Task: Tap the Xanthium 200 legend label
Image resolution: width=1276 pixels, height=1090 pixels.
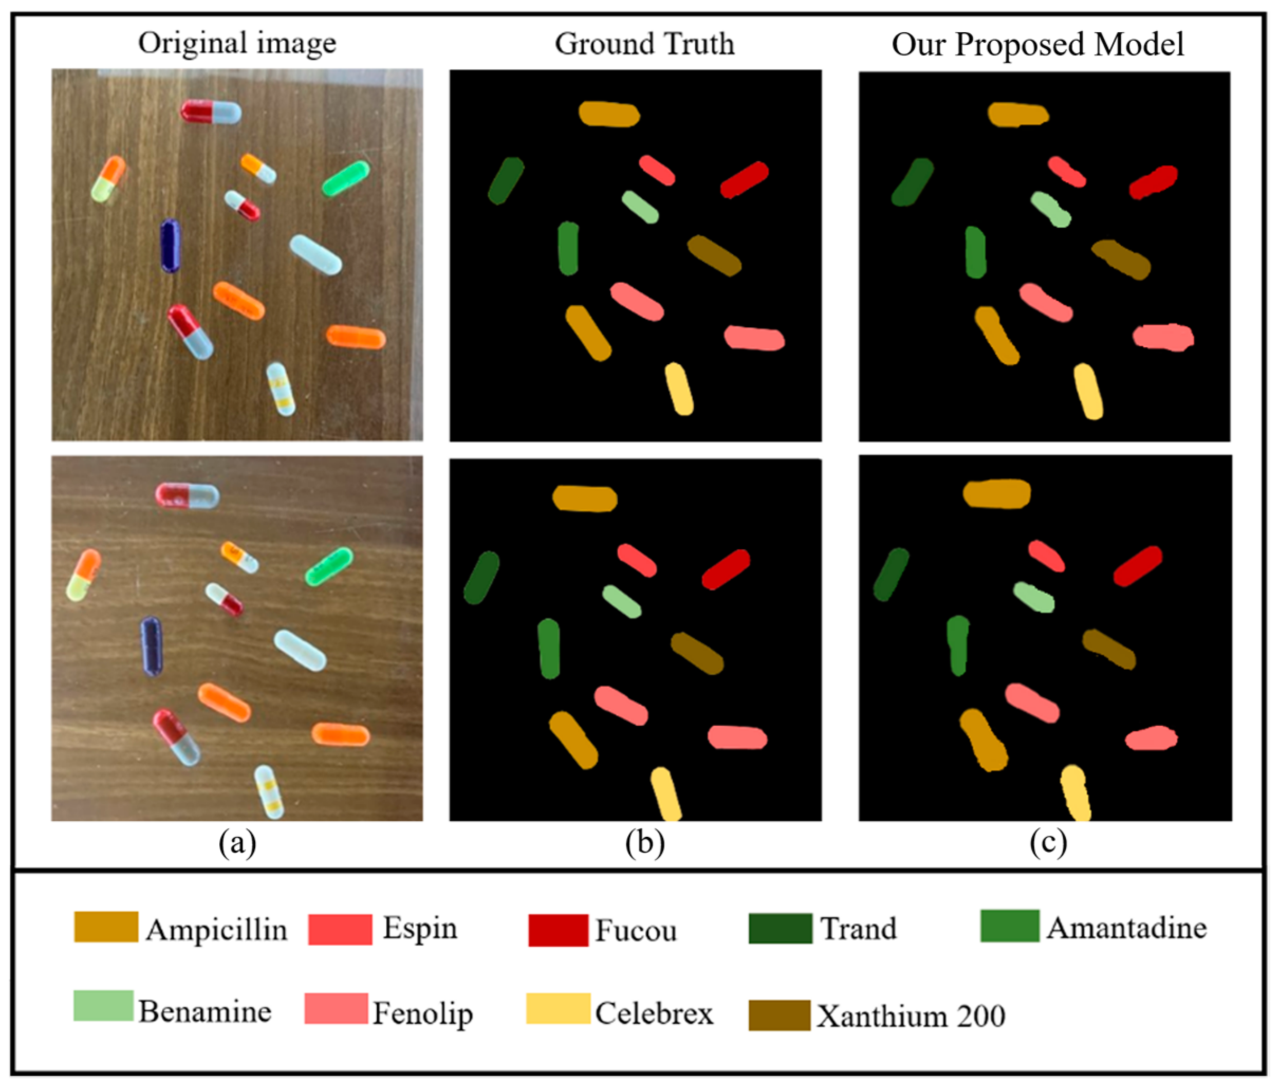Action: coord(911,1016)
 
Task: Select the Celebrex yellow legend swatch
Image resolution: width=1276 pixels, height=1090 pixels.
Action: coord(558,1008)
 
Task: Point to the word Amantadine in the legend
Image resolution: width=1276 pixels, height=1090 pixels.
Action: coord(1126,928)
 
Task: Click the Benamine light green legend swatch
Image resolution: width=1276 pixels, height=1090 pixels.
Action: coord(104,1005)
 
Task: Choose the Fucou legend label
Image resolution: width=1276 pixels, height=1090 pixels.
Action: coord(636,930)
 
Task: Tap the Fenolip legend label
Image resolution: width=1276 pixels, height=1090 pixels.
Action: coord(423,1013)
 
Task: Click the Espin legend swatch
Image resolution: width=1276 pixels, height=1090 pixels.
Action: coord(340,929)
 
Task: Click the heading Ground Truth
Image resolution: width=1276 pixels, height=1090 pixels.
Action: coord(644,44)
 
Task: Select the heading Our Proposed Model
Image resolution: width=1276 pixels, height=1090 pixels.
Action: coord(1038,44)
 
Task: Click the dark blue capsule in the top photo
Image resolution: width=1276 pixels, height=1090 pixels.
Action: coord(171,245)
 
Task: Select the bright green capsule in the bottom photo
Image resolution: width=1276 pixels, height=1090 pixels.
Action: coord(329,566)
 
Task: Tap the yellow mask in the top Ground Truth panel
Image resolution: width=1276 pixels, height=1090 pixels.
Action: coord(679,388)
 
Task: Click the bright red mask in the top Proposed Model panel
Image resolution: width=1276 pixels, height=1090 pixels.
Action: coord(1153,182)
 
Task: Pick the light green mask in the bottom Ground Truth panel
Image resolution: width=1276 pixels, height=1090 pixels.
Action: coord(621,601)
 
